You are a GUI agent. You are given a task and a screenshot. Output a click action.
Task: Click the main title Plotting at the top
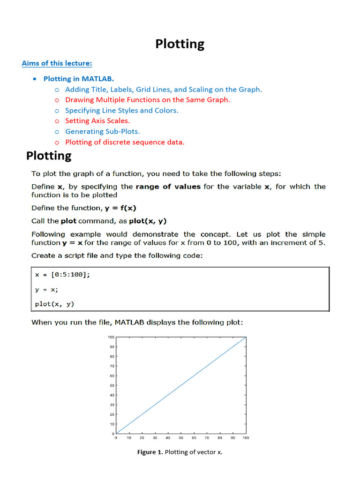(180, 44)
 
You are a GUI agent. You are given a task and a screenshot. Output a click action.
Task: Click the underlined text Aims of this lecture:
(57, 63)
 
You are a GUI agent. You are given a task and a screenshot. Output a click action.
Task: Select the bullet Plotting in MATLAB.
(78, 79)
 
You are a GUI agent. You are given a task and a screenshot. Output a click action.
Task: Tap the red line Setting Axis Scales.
(97, 121)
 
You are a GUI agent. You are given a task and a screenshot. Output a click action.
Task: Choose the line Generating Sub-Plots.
(102, 132)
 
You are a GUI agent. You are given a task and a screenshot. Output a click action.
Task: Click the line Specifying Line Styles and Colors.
(121, 111)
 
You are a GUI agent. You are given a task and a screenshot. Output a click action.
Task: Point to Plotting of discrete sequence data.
(125, 142)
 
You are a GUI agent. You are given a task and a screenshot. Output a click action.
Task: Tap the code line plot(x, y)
(55, 304)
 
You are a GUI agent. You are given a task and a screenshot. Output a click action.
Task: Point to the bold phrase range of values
(168, 187)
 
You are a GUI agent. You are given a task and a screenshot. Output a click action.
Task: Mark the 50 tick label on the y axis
(111, 385)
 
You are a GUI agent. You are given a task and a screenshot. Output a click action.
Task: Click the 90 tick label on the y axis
(111, 347)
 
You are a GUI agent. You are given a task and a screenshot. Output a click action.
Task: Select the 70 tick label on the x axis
(207, 438)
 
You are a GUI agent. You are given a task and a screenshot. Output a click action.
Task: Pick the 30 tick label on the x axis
(155, 438)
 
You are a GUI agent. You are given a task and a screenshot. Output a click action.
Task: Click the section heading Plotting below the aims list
(49, 156)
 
